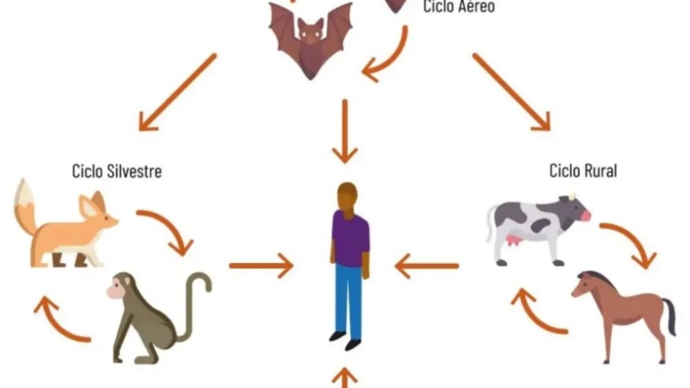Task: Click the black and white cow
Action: point(537,228)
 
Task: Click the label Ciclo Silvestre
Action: point(116,171)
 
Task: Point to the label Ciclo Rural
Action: point(583,171)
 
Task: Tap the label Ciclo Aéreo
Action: point(459,7)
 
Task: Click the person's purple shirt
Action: point(351,239)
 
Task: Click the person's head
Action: point(348,196)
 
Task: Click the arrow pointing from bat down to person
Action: point(345,131)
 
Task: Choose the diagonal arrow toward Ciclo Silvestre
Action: point(178,92)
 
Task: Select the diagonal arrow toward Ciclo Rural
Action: point(511,92)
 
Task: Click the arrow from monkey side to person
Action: point(261,266)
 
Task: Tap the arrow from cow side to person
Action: point(427,266)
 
